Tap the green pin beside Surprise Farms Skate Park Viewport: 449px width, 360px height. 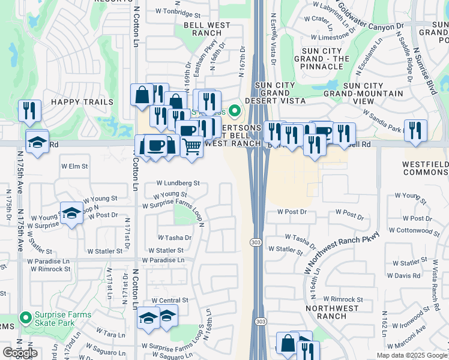(25, 318)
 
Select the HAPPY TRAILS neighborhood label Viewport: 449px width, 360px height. (82, 102)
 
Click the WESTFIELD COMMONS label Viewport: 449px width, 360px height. (426, 167)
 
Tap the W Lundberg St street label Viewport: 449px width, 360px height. (178, 183)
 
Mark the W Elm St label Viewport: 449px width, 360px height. (74, 166)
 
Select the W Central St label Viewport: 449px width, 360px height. (170, 300)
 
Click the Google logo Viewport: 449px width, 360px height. (20, 353)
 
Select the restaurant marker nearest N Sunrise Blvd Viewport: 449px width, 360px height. (415, 130)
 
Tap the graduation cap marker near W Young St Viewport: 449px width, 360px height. (71, 212)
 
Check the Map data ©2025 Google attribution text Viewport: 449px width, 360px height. (412, 355)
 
